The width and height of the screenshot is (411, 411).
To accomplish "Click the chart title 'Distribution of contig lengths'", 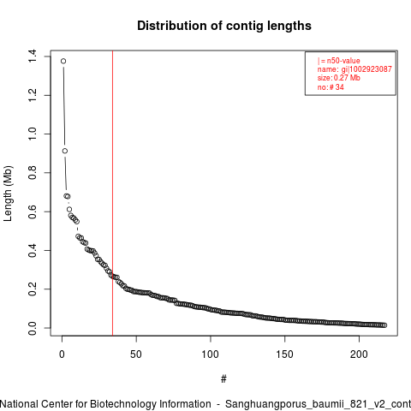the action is tap(224, 26).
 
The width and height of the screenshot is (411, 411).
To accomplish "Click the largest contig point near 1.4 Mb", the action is tap(63, 61).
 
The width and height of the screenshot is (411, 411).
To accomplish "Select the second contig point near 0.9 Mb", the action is tap(65, 151).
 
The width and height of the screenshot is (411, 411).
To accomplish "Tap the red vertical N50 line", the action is tap(113, 194).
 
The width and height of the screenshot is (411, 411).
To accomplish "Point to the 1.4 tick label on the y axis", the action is tap(33, 57).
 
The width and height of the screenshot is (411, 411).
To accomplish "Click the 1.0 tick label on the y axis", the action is tap(33, 134).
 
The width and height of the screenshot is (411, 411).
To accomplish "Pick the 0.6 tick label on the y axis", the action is tap(33, 211).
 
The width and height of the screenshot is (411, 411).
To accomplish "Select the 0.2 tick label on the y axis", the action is tap(33, 289).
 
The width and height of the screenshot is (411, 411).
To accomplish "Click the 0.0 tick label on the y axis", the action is tap(33, 328).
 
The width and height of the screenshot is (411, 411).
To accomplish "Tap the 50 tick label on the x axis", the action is tap(136, 354).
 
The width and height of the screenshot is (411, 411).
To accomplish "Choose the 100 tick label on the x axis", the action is tap(211, 354).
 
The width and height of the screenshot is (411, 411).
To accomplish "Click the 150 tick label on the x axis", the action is tap(284, 354).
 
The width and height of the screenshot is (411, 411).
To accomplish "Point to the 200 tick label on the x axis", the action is tap(359, 354).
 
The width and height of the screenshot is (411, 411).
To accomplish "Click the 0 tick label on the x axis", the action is tap(62, 354).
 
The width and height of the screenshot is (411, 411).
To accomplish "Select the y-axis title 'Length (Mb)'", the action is tap(8, 194).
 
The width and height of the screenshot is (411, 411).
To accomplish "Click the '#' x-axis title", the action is tap(223, 379).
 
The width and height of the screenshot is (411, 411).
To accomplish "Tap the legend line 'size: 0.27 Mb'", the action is tap(339, 78).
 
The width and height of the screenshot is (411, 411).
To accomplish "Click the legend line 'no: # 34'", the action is tap(331, 87).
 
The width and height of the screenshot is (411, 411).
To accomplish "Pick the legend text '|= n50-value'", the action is tap(339, 61).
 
